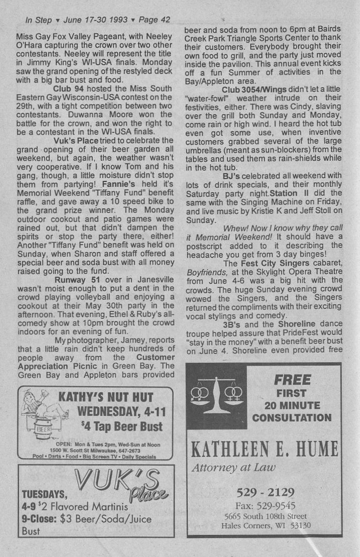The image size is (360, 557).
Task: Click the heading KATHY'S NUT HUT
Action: coord(106,397)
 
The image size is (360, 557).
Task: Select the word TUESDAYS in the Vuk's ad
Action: coord(44,493)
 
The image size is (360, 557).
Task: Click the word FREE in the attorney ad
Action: coord(292,380)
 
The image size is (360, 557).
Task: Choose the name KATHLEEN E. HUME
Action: coord(264,450)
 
